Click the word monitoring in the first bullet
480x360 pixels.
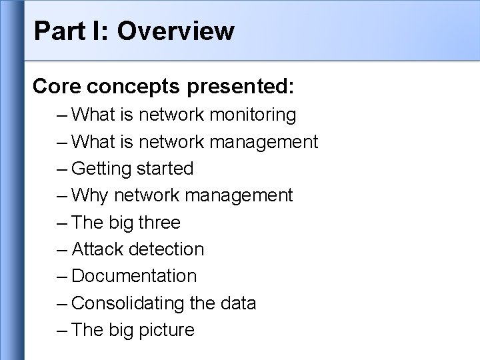253,115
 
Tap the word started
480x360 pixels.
165,169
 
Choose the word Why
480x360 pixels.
90,196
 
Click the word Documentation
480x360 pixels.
133,276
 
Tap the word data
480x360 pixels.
237,303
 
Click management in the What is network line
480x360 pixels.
263,142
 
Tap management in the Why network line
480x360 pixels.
238,196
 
